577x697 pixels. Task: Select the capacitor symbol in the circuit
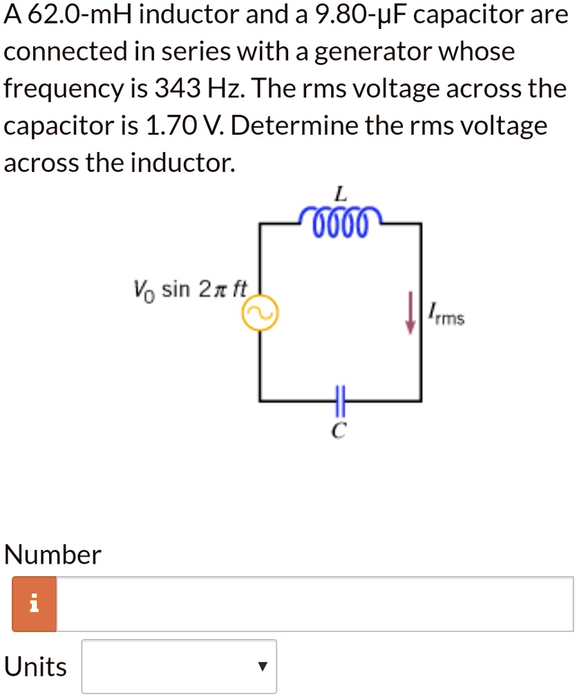[x=339, y=400]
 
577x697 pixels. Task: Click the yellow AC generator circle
[x=260, y=316]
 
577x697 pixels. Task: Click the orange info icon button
[x=34, y=604]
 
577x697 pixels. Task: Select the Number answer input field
[x=314, y=604]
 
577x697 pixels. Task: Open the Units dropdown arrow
[x=261, y=667]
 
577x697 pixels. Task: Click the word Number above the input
[x=53, y=554]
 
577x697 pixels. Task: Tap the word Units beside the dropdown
[x=36, y=667]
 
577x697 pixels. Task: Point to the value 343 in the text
[x=177, y=88]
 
